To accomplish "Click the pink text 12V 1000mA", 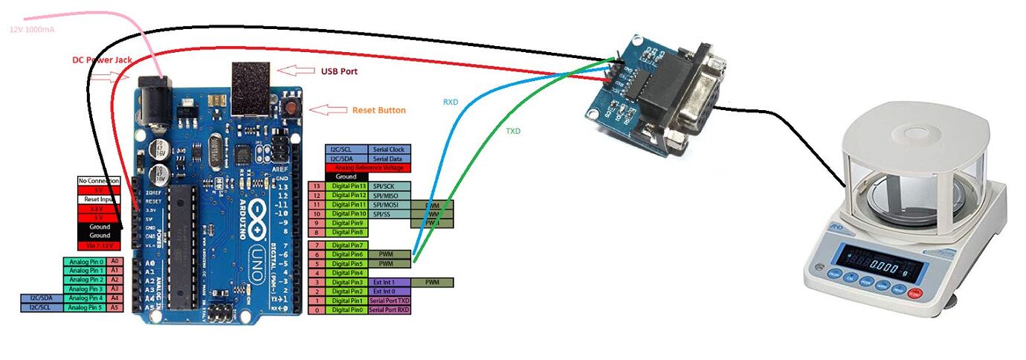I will click(32, 30).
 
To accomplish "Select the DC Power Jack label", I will click(102, 60).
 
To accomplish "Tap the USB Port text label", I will click(339, 71).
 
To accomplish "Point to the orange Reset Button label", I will click(378, 110).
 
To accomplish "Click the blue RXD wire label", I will click(451, 101).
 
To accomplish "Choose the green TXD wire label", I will click(513, 131).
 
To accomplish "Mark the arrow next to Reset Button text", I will click(328, 110).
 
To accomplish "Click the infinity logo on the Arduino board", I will click(266, 213).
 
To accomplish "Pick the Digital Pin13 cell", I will click(349, 186).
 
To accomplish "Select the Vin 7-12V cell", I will click(99, 245).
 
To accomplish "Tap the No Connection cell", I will click(99, 181).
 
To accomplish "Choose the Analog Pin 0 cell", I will click(85, 262).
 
